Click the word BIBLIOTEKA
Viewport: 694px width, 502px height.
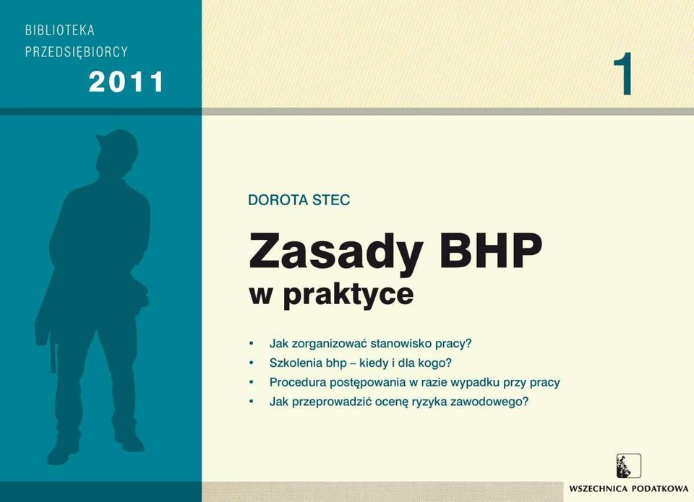pos(60,30)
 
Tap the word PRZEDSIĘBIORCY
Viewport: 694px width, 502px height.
pos(76,52)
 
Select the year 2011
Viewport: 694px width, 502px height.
pos(126,82)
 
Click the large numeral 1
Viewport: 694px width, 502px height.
pos(623,74)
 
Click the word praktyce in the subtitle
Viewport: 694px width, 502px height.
pos(348,294)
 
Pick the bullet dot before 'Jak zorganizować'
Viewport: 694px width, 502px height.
pos(252,343)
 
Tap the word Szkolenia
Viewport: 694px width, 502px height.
pos(296,363)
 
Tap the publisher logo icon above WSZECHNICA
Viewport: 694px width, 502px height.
pos(628,466)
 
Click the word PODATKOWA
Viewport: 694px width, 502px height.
pos(660,489)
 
